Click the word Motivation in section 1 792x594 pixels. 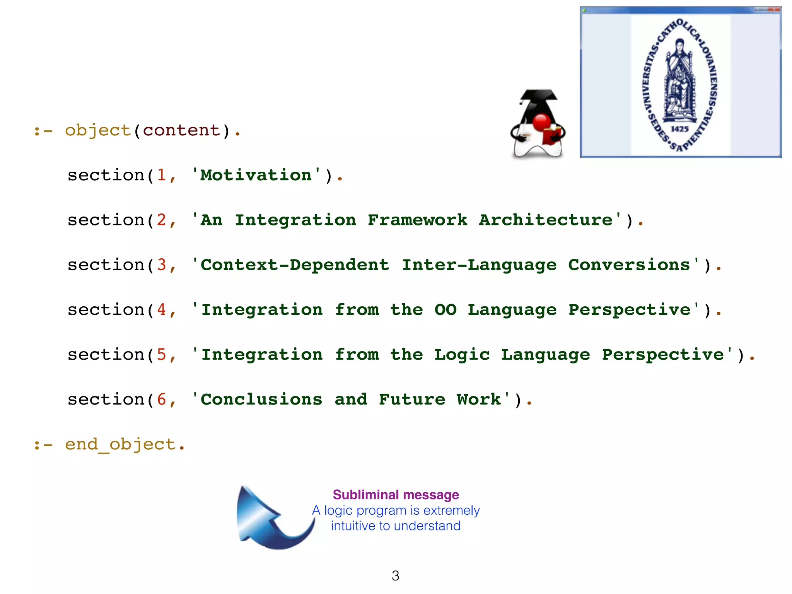pyautogui.click(x=256, y=176)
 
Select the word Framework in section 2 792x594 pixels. pyautogui.click(x=417, y=220)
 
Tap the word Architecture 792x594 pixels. pyautogui.click(x=546, y=220)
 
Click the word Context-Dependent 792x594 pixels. pyautogui.click(x=295, y=265)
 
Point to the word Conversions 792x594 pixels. pyautogui.click(x=629, y=265)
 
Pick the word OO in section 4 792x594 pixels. pyautogui.click(x=445, y=310)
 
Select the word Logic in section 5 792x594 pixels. pyautogui.click(x=462, y=355)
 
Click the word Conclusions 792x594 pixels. pyautogui.click(x=261, y=400)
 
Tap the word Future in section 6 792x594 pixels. pyautogui.click(x=412, y=400)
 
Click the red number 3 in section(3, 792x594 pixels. pyautogui.click(x=161, y=265)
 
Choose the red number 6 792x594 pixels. pyautogui.click(x=161, y=400)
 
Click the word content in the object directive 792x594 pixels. pyautogui.click(x=181, y=131)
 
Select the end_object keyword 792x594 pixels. pyautogui.click(x=120, y=445)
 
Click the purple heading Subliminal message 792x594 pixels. pyautogui.click(x=396, y=495)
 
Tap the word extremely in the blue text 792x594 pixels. pyautogui.click(x=451, y=510)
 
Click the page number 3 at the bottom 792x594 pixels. pyautogui.click(x=395, y=576)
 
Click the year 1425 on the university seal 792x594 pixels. pyautogui.click(x=679, y=129)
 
